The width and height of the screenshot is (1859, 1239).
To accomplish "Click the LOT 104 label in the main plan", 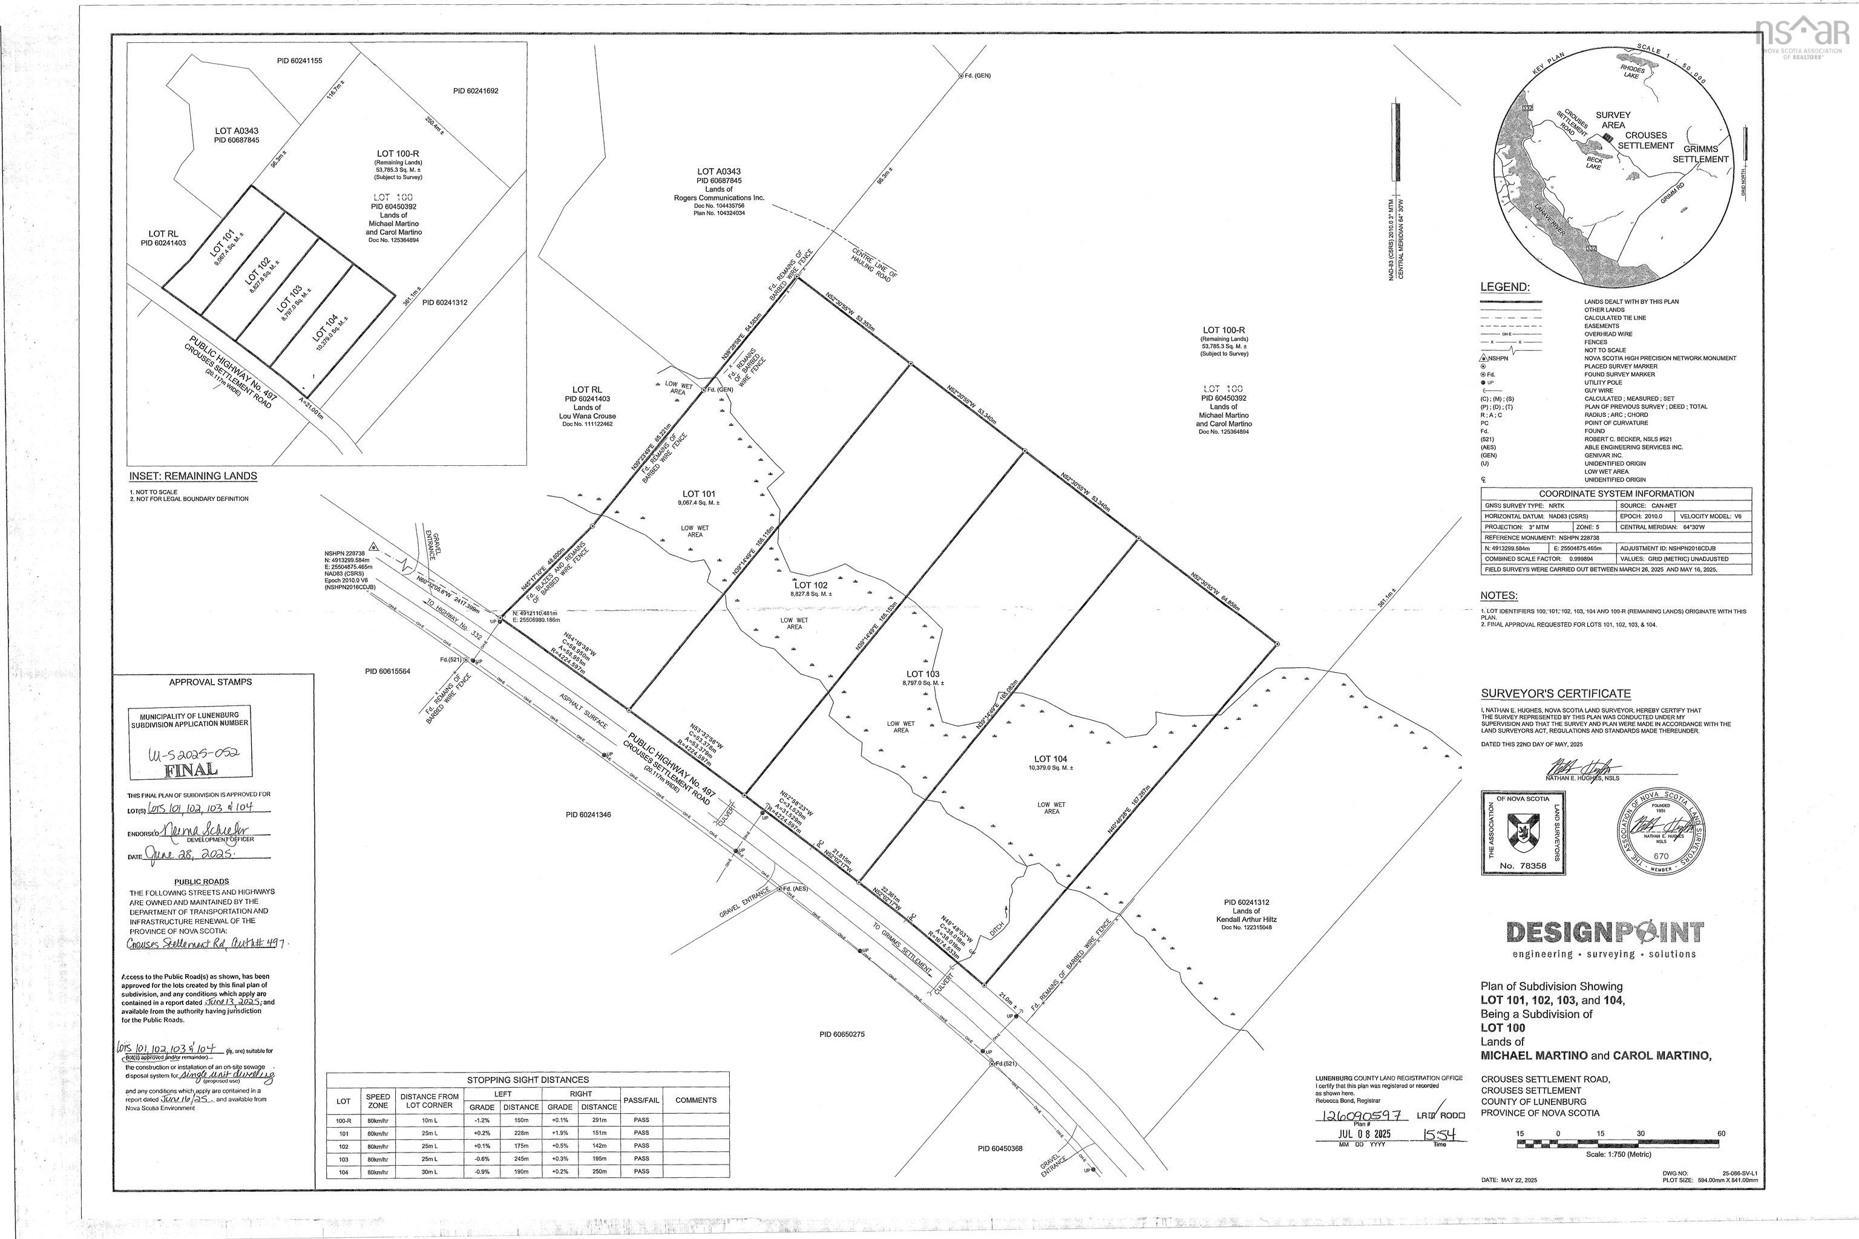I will click(1051, 759).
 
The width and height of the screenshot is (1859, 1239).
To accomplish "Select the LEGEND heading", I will click(1505, 287).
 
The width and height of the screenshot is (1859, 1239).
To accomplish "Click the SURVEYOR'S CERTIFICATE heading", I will click(1555, 694).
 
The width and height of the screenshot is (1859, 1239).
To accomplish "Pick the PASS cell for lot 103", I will click(641, 1159).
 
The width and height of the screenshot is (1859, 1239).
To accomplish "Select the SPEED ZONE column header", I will click(378, 1100).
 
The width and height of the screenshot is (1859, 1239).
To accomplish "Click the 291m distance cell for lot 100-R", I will click(599, 1120).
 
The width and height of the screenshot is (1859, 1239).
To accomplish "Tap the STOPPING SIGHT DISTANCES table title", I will click(527, 1079).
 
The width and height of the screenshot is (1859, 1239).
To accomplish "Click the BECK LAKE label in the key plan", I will click(1593, 163).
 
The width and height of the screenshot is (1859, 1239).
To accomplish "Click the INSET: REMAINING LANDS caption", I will click(193, 477).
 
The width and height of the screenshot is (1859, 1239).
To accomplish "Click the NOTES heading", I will click(1498, 596).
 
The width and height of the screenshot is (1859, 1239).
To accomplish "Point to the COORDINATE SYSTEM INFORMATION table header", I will click(1616, 494).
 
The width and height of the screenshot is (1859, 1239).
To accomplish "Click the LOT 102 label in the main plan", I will click(811, 586).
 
